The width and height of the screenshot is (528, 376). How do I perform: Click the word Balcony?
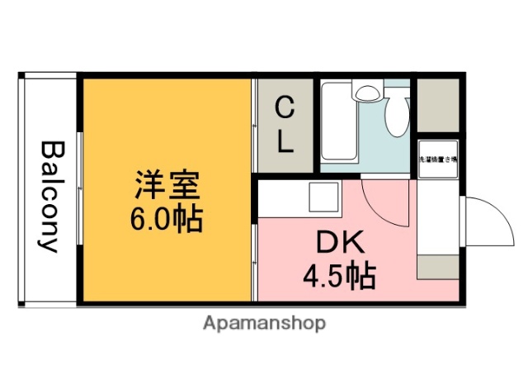click(x=49, y=197)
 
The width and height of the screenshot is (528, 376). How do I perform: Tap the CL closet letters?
click(x=284, y=124)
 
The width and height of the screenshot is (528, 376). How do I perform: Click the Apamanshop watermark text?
click(x=264, y=322)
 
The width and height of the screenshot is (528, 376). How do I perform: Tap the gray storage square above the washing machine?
click(x=436, y=105)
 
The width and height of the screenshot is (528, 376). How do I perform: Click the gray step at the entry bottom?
click(x=438, y=266)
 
